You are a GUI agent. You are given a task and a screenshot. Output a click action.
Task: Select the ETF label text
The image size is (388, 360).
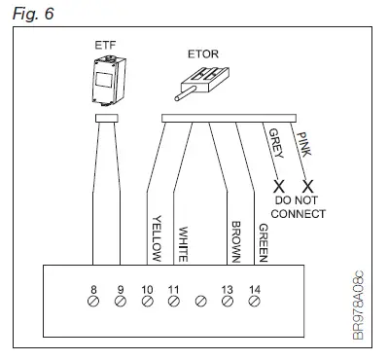pyautogui.click(x=105, y=45)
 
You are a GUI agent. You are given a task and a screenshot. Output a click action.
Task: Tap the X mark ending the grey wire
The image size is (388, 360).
pyautogui.click(x=278, y=185)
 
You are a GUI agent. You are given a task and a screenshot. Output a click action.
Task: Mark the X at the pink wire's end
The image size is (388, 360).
pyautogui.click(x=308, y=185)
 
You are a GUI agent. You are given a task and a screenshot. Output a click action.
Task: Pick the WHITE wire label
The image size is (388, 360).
pyautogui.click(x=182, y=242)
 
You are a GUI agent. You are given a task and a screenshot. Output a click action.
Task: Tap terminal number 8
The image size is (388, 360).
pyautogui.click(x=93, y=289)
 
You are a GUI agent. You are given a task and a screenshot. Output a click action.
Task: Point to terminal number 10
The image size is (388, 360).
pyautogui.click(x=147, y=289)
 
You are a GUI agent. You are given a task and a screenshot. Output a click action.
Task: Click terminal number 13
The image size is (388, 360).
pyautogui.click(x=228, y=289)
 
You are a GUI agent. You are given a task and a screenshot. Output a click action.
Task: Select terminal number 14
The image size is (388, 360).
pyautogui.click(x=254, y=289)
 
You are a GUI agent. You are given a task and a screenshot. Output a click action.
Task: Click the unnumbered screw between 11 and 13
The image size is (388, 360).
pyautogui.click(x=201, y=301)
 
